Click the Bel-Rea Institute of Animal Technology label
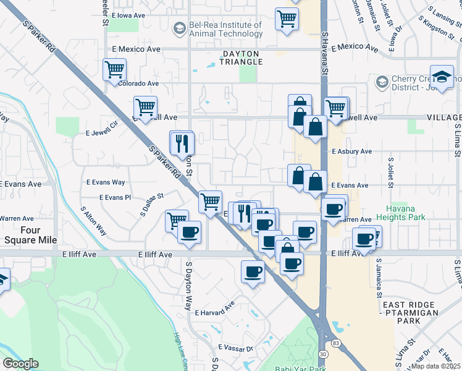(x=225, y=29)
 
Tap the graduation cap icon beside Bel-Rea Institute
(x=179, y=28)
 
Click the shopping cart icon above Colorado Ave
(x=114, y=69)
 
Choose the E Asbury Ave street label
(x=351, y=151)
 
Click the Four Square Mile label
(x=30, y=234)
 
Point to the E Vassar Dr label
(x=232, y=349)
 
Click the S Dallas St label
(x=151, y=204)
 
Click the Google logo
(x=20, y=364)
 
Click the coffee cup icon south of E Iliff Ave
(x=253, y=270)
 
